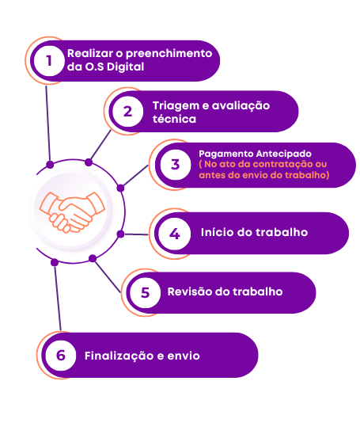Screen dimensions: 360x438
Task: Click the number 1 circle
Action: click(49, 61)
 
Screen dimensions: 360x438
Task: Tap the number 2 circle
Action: click(128, 112)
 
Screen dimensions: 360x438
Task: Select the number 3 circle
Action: click(176, 165)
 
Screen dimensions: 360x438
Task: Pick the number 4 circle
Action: click(175, 234)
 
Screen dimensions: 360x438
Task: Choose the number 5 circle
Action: click(145, 293)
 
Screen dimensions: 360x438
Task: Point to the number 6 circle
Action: click(61, 356)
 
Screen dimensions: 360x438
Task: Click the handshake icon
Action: click(72, 212)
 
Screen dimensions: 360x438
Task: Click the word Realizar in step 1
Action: click(90, 53)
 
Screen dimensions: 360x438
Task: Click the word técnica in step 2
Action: click(174, 119)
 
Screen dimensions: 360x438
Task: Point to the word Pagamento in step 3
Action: click(226, 154)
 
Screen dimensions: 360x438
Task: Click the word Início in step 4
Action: click(217, 232)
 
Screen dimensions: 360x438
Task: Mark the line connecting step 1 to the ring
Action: click(48, 124)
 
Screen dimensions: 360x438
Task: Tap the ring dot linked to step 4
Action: click(120, 234)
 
